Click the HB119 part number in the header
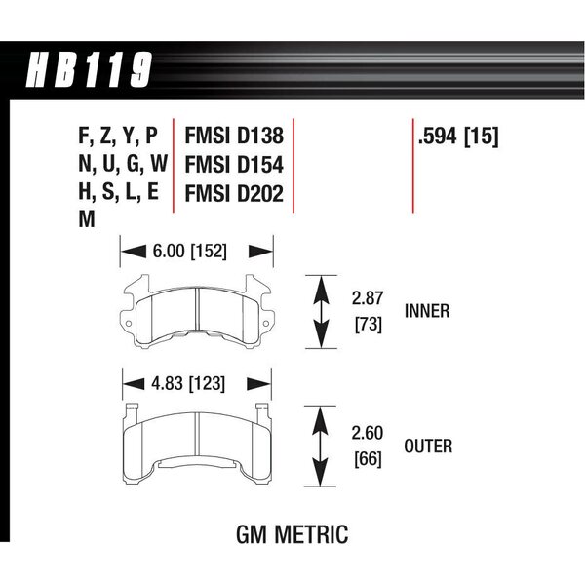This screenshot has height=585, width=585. coord(89,70)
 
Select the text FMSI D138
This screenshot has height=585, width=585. coord(234,136)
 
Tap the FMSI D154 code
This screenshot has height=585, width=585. coord(234,165)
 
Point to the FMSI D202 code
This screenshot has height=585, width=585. coord(234,194)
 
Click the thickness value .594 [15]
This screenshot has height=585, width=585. coord(458,136)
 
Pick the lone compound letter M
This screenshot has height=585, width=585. coord(87,218)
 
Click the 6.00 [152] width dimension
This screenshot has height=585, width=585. coord(189,251)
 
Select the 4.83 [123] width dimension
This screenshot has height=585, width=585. coord(188,383)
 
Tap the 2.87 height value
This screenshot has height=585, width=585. coord(368,298)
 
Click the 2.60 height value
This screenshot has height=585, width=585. coord(368,433)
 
